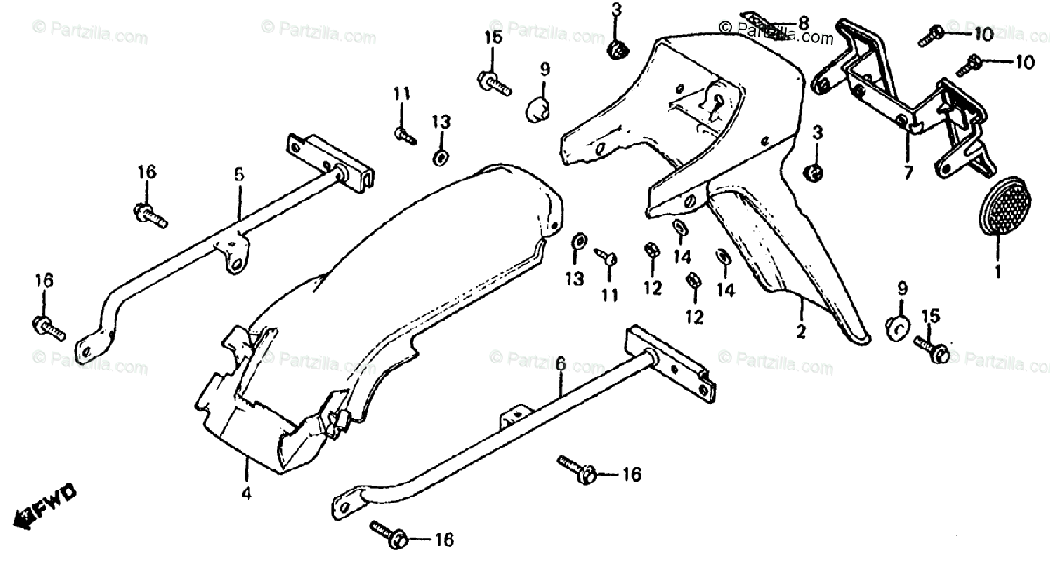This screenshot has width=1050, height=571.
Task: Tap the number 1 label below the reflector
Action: pyautogui.click(x=997, y=271)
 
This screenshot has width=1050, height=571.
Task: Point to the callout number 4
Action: pyautogui.click(x=247, y=494)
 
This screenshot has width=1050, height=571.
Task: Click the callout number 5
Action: pyautogui.click(x=238, y=174)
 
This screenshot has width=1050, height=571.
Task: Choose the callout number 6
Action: pyautogui.click(x=561, y=362)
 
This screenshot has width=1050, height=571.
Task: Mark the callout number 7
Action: pyautogui.click(x=907, y=173)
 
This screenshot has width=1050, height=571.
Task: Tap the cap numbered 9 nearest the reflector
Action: pyautogui.click(x=894, y=326)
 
